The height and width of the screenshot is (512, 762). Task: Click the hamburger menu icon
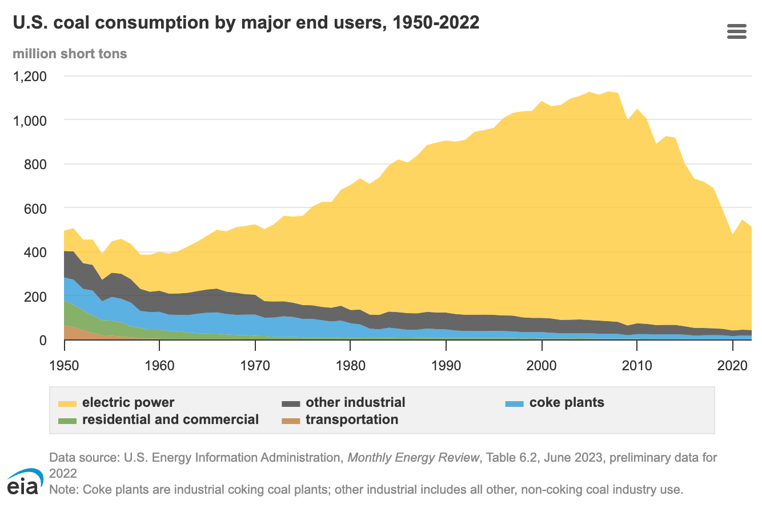[737, 31]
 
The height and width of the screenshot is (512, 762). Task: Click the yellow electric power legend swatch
[67, 403]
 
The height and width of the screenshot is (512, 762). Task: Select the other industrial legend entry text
[355, 402]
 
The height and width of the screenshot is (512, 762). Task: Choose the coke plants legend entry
[567, 402]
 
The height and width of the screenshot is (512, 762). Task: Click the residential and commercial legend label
[170, 419]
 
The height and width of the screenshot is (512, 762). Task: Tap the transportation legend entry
[351, 419]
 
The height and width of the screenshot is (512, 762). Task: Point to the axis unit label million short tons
[70, 54]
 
